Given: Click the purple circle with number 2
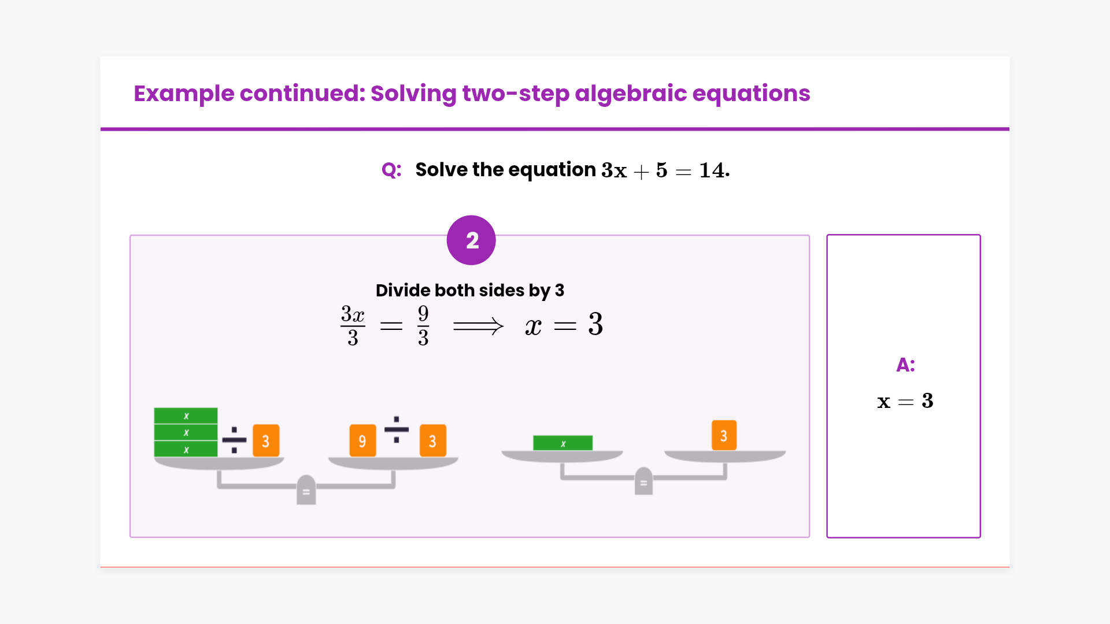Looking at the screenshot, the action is click(x=471, y=240).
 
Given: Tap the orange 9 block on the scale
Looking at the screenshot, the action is click(x=362, y=441).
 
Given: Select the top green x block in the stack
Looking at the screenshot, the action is click(x=186, y=416).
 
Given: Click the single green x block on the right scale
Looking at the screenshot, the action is click(x=563, y=443).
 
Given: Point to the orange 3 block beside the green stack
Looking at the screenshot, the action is click(x=266, y=441).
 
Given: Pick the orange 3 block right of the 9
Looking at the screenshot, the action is click(x=432, y=441).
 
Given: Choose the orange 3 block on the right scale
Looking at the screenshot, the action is click(x=724, y=435).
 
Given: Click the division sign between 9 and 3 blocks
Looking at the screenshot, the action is click(x=397, y=429).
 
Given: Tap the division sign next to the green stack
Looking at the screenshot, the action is click(x=234, y=440).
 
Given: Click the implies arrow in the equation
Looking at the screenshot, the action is click(x=478, y=326).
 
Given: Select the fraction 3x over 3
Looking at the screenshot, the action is click(x=353, y=326).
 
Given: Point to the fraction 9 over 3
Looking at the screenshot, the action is click(x=423, y=326).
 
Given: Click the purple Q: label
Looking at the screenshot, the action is click(x=391, y=170).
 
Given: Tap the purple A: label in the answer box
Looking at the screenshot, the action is click(x=905, y=365).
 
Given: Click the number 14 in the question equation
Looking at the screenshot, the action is click(x=712, y=170).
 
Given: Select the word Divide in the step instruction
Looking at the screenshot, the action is click(x=402, y=290).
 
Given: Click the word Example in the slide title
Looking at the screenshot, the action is click(x=184, y=94).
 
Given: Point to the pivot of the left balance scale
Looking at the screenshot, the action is click(x=306, y=490).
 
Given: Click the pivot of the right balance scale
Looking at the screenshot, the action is click(x=643, y=481).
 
